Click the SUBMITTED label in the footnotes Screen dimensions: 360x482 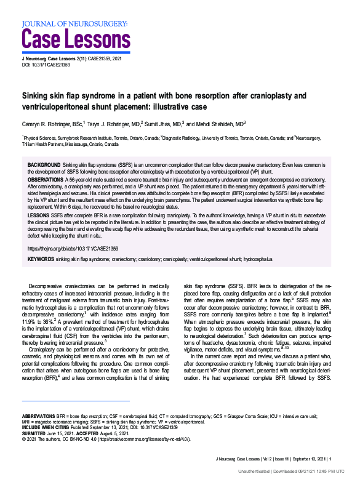coord(36,433)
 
